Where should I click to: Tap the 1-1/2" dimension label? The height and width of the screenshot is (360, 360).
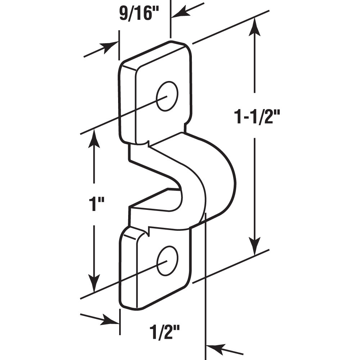[257, 117]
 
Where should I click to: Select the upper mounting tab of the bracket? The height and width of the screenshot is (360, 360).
[155, 94]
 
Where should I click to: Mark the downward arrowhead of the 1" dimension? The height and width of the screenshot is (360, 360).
[94, 284]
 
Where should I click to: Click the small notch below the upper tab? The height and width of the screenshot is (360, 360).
[147, 144]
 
